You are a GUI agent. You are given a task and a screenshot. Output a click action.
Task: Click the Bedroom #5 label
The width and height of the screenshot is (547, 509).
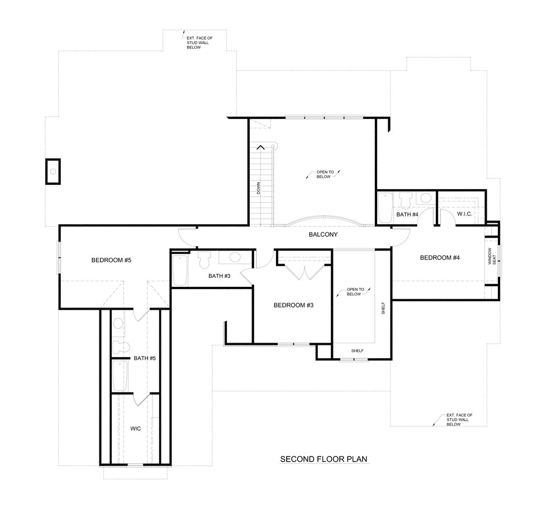point(111,260)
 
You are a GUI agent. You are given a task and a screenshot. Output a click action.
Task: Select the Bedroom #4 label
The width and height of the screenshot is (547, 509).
point(440,257)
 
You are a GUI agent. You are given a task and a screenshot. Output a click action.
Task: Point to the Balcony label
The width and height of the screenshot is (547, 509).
point(323,235)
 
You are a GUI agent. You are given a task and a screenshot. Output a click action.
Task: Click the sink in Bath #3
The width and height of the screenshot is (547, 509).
point(235,258)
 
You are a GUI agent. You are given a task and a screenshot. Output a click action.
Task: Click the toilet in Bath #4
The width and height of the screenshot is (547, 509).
point(406,200)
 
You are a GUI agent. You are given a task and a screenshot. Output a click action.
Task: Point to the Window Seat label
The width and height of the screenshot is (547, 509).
point(491,256)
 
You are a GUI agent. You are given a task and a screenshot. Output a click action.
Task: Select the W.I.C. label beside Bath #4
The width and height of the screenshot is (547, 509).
point(465,214)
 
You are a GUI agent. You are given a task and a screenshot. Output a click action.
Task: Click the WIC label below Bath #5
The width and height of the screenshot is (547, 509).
point(135,428)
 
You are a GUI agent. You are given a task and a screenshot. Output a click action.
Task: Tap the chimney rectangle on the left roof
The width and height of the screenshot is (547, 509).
point(53,171)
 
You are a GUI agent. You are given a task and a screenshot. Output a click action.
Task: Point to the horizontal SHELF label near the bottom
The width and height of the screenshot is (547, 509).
point(357,350)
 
